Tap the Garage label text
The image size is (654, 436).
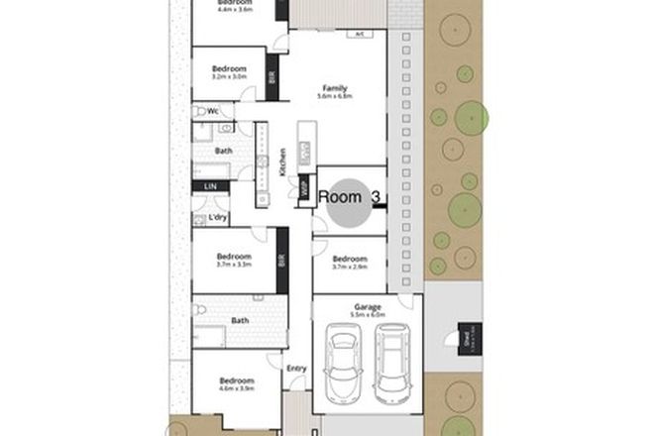click(368, 307)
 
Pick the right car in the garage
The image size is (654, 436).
click(389, 366)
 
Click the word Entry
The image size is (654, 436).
click(296, 370)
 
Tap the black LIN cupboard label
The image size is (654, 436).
click(210, 185)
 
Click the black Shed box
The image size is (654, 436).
click(465, 339)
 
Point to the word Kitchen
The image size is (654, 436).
click(282, 160)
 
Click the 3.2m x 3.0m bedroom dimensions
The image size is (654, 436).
click(228, 76)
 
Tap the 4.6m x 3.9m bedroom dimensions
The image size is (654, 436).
click(236, 389)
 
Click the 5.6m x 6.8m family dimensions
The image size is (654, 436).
click(334, 97)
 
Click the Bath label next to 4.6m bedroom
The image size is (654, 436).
click(241, 320)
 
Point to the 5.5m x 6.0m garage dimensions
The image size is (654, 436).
click(368, 315)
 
